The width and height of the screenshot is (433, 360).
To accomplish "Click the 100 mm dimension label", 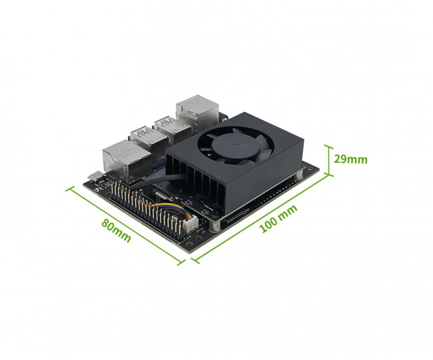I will click(x=278, y=218).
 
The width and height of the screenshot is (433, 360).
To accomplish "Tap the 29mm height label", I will click(x=350, y=159).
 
